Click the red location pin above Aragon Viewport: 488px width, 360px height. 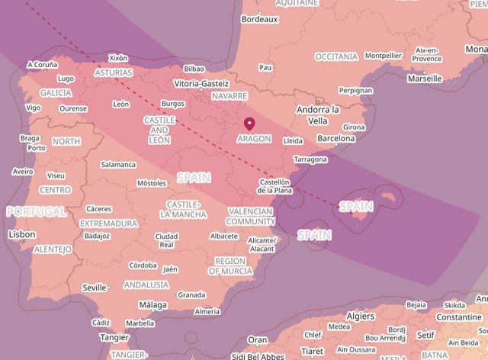click(249, 124)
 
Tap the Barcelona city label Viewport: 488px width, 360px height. click(335, 139)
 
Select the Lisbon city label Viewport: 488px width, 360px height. click(21, 235)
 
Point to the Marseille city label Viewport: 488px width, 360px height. click(425, 78)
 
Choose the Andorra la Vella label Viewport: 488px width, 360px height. click(317, 115)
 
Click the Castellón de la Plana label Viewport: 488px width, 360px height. click(274, 186)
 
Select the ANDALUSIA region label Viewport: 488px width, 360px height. click(146, 284)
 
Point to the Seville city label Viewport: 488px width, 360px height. click(95, 288)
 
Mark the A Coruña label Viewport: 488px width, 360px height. click(41, 65)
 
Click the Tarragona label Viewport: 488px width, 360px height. click(310, 159)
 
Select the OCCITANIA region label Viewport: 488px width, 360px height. click(335, 56)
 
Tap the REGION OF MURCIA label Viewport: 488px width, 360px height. click(230, 266)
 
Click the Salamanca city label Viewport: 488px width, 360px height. click(118, 164)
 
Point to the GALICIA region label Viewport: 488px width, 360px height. click(56, 92)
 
